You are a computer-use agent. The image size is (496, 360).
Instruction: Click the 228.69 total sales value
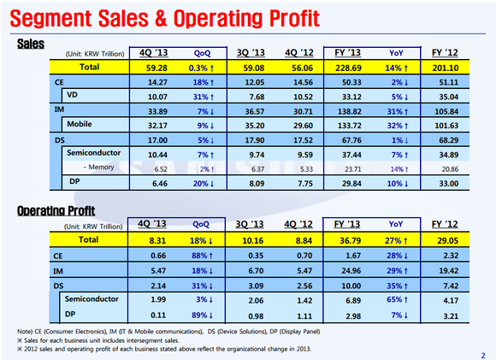348,68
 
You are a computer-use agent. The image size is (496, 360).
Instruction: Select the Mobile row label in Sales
80,124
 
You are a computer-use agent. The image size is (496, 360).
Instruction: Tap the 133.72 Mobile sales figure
349,126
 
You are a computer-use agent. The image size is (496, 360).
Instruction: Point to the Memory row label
98,167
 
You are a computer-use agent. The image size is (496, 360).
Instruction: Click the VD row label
72,95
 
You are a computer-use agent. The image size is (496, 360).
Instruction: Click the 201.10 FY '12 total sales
446,68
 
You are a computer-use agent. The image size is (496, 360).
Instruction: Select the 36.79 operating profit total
350,241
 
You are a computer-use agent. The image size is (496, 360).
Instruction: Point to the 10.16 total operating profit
253,241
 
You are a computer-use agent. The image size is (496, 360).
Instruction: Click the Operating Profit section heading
56,210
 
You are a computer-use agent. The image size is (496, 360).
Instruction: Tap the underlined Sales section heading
31,44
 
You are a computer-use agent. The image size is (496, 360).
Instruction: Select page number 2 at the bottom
483,355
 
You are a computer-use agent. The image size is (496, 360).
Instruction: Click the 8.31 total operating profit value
157,241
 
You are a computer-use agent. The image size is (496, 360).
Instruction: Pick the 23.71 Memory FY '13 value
353,169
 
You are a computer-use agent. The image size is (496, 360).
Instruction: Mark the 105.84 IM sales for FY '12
446,111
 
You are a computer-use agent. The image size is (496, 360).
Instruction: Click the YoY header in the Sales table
396,53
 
